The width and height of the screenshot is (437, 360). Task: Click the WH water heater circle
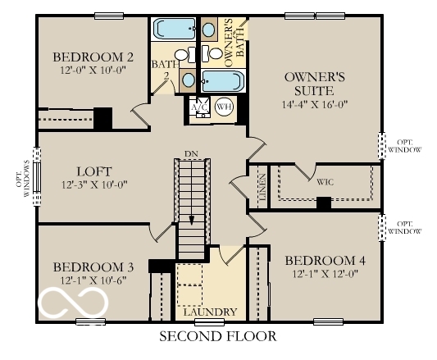(223, 107)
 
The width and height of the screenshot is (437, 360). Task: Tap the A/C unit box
(199, 107)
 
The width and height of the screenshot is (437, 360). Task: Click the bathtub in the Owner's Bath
(223, 81)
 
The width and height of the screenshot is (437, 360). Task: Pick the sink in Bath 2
(188, 80)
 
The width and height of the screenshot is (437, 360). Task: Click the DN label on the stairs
(191, 154)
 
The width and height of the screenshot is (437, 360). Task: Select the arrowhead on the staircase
(191, 220)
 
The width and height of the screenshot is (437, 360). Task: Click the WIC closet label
(325, 181)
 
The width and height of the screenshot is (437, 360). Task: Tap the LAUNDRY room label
(210, 312)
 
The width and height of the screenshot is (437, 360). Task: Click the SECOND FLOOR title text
(217, 336)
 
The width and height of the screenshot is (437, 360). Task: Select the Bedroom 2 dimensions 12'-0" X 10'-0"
(93, 71)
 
